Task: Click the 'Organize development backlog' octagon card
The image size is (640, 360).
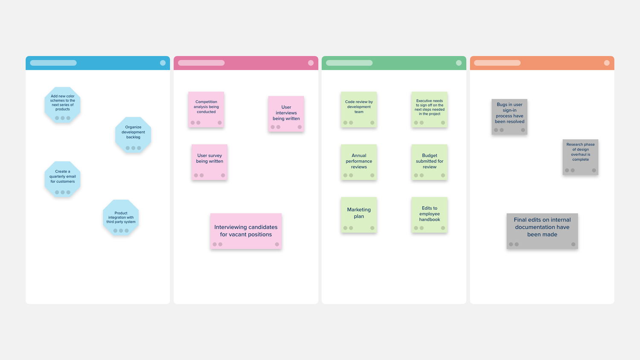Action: coord(133,134)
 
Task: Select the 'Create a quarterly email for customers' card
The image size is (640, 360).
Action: coord(63,179)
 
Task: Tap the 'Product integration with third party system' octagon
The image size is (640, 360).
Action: coord(121,218)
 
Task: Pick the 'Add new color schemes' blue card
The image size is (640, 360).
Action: coord(63,105)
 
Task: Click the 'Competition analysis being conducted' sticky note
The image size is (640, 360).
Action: coord(206,110)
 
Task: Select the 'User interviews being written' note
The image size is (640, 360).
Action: coord(286,114)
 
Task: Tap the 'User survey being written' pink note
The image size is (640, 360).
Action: coord(209,162)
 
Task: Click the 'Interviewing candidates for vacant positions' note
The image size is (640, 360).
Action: coord(246,231)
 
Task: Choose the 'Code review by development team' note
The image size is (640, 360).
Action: coord(359,110)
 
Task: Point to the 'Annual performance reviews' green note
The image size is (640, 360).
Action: coord(359,162)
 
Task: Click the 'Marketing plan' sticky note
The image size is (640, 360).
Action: coord(359,215)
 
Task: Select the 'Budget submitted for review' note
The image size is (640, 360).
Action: coord(429,162)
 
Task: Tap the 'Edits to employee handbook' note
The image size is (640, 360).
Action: coord(429,215)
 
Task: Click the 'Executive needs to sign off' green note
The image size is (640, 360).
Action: coord(429,110)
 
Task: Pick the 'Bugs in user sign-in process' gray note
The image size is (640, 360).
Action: coord(509,117)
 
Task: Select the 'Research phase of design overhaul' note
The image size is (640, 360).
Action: coord(580,157)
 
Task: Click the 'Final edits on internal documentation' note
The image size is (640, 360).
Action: coord(542,231)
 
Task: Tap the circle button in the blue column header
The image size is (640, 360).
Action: coord(163,63)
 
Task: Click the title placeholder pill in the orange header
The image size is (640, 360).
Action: coord(497,63)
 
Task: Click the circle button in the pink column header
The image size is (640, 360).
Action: coord(311,63)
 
